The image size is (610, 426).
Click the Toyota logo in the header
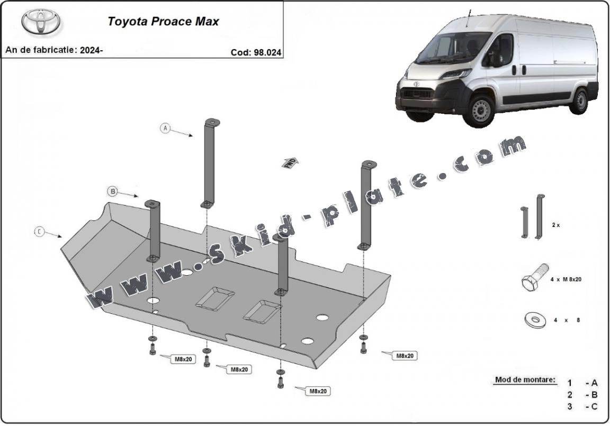(x=41, y=22)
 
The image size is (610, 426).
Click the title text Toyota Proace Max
(x=163, y=22)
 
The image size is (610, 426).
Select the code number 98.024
(x=263, y=52)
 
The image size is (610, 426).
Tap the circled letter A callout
(x=166, y=128)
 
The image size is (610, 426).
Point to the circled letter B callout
(x=112, y=191)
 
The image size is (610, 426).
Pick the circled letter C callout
(x=40, y=232)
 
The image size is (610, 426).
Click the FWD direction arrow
(x=290, y=162)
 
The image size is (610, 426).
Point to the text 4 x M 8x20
(x=566, y=279)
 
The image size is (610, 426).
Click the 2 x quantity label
(x=555, y=225)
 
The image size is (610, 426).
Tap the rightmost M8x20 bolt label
(x=405, y=356)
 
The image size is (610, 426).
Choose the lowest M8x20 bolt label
(x=317, y=391)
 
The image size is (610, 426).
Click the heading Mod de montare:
(x=525, y=379)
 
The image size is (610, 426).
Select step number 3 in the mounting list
(x=569, y=406)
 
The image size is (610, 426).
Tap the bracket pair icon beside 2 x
(x=531, y=217)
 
